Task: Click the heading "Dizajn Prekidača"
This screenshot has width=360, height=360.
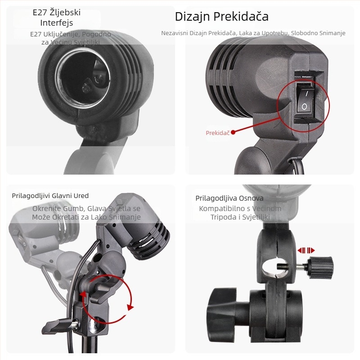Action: [x=221, y=17]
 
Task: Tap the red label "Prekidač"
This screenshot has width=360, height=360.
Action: [x=218, y=133]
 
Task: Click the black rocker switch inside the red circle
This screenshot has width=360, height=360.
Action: [x=305, y=100]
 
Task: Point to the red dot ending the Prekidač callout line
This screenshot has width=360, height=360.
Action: [x=233, y=132]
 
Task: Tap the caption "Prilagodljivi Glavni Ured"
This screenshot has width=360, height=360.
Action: [x=50, y=196]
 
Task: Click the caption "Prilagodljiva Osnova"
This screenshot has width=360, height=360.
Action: [x=229, y=198]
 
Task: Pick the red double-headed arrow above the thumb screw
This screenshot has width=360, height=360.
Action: [x=306, y=250]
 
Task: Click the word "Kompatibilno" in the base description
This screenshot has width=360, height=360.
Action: [x=220, y=208]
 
